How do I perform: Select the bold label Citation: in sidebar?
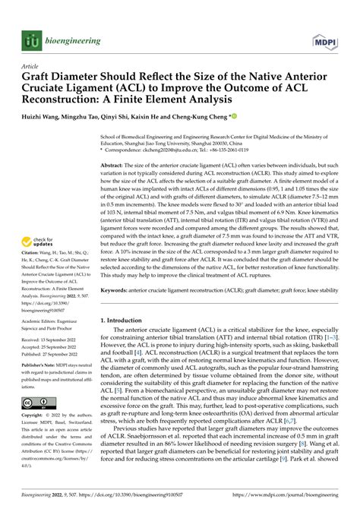tap(33, 250)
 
